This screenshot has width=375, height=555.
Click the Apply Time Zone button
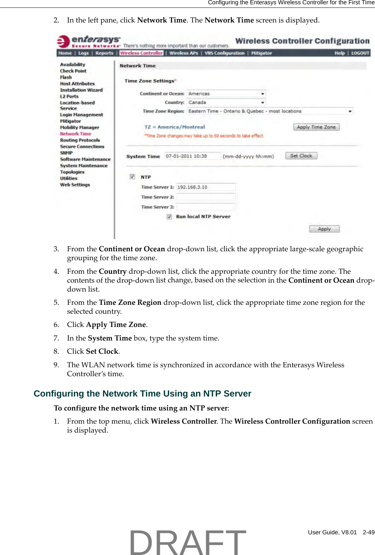(316, 127)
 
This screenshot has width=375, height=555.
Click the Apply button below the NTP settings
(324, 229)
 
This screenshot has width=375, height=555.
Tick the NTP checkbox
(132, 177)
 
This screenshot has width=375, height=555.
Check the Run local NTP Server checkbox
(169, 217)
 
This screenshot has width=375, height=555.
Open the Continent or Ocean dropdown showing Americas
(226, 94)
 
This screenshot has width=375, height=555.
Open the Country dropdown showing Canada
(226, 102)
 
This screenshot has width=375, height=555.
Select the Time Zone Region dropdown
(270, 111)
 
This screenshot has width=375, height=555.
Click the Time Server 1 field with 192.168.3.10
(206, 187)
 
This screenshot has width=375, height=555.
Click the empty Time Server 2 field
(206, 197)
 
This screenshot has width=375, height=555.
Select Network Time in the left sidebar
(75, 134)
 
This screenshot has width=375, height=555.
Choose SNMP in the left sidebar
(66, 153)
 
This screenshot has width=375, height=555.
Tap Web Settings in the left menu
(75, 185)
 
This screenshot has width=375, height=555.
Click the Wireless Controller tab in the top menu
(141, 53)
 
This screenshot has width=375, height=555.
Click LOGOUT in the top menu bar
(360, 53)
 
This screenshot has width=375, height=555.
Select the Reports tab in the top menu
(104, 53)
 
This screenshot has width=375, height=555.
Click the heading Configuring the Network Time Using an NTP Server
(142, 394)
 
